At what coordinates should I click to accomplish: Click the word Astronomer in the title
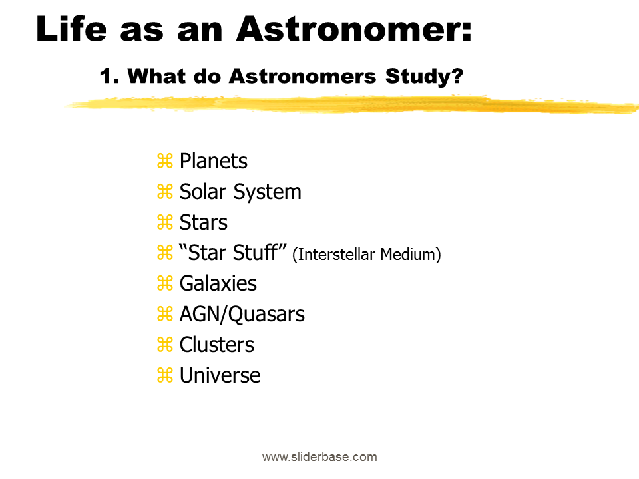(353, 29)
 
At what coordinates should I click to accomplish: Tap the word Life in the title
(72, 29)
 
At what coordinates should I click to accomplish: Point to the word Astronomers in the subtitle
(302, 76)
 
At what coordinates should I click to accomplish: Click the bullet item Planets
(213, 161)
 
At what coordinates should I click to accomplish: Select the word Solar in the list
(202, 192)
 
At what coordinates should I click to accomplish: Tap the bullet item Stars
(204, 222)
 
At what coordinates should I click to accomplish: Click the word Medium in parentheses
(408, 255)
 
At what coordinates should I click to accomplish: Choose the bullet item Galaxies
(218, 283)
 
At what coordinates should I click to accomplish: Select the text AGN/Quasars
(242, 315)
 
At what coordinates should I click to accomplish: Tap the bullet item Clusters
(217, 345)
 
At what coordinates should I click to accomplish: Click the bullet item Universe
(220, 375)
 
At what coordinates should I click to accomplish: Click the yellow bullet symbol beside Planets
(165, 161)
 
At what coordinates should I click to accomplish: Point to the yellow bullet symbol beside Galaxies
(165, 283)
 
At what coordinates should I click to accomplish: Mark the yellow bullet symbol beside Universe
(165, 375)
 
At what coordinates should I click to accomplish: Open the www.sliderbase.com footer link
(319, 457)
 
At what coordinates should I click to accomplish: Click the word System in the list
(268, 192)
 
